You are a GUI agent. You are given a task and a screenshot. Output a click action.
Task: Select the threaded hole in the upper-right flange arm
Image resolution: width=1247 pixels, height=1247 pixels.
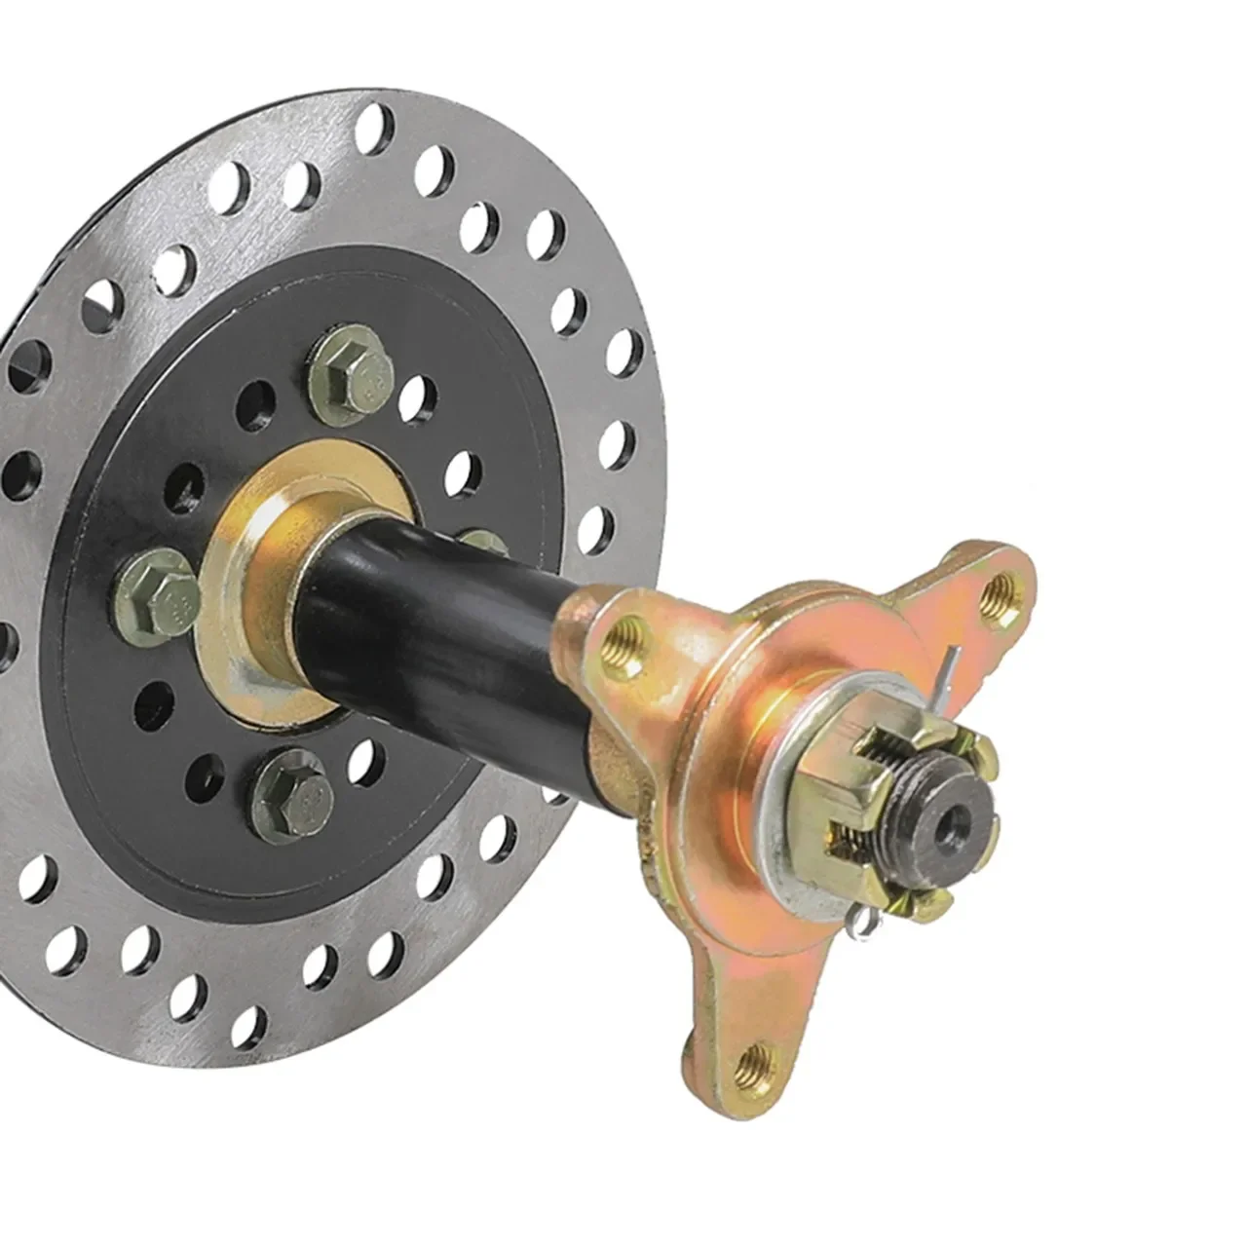[997, 596]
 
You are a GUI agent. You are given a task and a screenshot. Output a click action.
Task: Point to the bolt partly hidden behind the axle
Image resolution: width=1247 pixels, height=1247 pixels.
[480, 541]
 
